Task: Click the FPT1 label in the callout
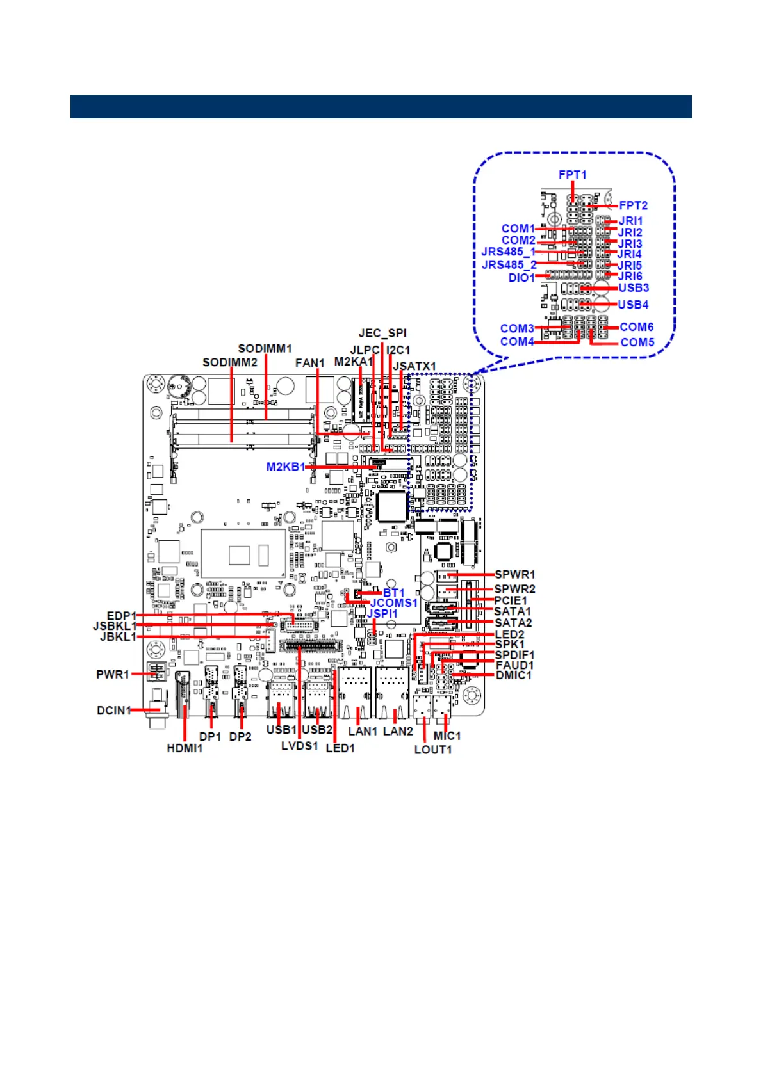[x=572, y=175]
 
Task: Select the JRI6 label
[x=630, y=277]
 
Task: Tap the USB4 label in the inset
[x=633, y=305]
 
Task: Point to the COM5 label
[x=637, y=342]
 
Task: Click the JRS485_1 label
[x=508, y=252]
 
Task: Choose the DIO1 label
[x=521, y=278]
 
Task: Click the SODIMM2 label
[x=229, y=362]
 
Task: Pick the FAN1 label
[x=309, y=363]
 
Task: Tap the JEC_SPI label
[x=382, y=333]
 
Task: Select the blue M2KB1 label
[x=285, y=467]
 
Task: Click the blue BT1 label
[x=393, y=593]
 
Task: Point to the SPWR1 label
[x=514, y=575]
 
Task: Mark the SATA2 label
[x=513, y=623]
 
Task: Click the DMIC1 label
[x=514, y=675]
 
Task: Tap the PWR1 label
[x=113, y=674]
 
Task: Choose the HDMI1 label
[x=185, y=748]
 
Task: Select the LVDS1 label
[x=299, y=746]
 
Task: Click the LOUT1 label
[x=433, y=750]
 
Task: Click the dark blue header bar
[x=381, y=107]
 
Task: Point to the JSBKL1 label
[x=115, y=626]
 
